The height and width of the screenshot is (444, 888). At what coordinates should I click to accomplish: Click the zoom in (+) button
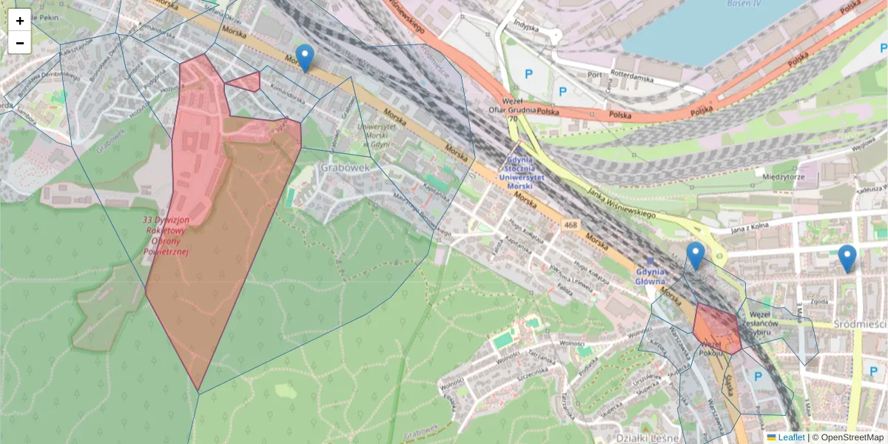click(x=20, y=21)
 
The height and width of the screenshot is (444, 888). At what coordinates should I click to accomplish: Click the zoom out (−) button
click(x=20, y=43)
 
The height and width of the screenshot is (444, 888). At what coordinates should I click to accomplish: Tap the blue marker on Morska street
click(x=304, y=57)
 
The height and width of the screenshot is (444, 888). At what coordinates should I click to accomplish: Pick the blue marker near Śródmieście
click(x=847, y=258)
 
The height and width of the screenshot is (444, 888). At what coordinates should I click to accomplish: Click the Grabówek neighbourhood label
click(x=344, y=167)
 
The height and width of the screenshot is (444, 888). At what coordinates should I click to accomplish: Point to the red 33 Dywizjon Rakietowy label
click(x=166, y=236)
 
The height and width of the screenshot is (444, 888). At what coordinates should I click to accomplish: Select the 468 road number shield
click(x=570, y=223)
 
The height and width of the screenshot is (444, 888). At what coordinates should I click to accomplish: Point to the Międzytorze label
click(x=783, y=177)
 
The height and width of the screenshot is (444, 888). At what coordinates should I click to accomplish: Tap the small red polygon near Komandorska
click(x=245, y=81)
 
